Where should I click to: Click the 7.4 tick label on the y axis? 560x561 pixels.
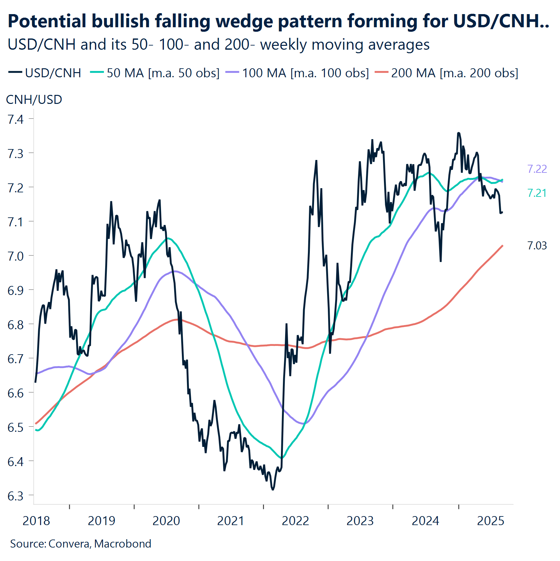pos(15,120)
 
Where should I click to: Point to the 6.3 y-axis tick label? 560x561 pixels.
pos(15,496)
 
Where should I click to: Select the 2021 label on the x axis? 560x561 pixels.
pos(230,521)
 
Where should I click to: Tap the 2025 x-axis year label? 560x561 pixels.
pos(490,521)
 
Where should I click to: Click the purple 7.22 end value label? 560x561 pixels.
pos(537,169)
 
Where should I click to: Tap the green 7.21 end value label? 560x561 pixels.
pos(537,193)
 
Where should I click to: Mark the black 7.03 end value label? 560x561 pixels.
pos(537,246)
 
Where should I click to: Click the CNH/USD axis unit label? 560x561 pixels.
pos(34,100)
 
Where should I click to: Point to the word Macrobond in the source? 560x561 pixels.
pos(123,544)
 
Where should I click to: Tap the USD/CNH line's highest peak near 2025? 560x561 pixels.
pos(458,133)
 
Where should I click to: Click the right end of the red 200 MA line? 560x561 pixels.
pos(503,246)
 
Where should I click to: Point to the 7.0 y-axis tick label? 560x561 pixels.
pos(15,256)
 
